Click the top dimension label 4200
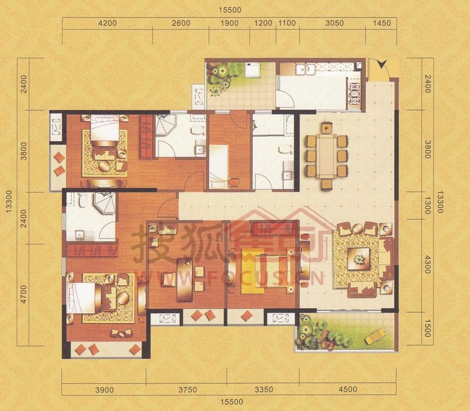[x=107, y=23]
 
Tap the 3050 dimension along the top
[x=334, y=23]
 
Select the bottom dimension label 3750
[x=188, y=389]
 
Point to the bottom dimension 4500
[x=347, y=389]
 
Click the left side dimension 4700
[x=23, y=294]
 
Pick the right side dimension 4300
[x=428, y=265]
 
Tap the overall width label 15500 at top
[x=230, y=10]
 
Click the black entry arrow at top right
[x=382, y=64]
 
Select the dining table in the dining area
[x=326, y=156]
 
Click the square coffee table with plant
[x=359, y=259]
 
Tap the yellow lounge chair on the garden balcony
[x=376, y=336]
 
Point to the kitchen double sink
[x=306, y=69]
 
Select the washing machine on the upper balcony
[x=252, y=70]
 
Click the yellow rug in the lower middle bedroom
[x=253, y=271]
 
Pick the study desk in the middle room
[x=185, y=280]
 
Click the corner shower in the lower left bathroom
[x=105, y=203]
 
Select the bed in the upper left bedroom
[x=104, y=131]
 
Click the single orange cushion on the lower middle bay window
[x=247, y=316]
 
